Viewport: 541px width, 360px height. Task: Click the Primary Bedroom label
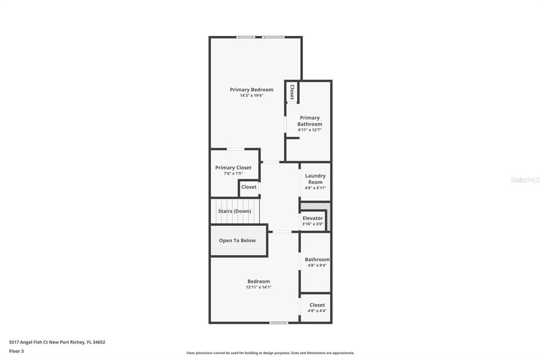(x=251, y=90)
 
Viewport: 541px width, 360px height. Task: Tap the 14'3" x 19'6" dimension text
(x=251, y=96)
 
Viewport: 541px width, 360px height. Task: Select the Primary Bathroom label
(x=310, y=121)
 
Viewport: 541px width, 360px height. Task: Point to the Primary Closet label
(x=233, y=167)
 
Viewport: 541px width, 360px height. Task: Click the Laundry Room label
(x=315, y=178)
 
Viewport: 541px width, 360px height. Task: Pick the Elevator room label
(x=313, y=218)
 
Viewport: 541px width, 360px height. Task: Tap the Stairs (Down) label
(x=235, y=211)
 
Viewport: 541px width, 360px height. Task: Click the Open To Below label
(x=237, y=240)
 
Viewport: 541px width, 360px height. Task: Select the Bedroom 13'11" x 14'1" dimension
(x=259, y=287)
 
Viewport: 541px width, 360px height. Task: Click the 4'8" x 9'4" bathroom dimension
(x=317, y=265)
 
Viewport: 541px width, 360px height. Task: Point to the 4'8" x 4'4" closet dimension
(x=317, y=311)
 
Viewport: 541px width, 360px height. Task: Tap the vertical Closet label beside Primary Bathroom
(x=292, y=92)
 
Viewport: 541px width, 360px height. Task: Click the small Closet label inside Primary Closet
(x=249, y=187)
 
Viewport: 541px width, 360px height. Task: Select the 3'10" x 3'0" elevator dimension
(x=313, y=224)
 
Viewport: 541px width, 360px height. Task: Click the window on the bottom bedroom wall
(x=279, y=323)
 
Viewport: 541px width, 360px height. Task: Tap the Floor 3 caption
(x=16, y=351)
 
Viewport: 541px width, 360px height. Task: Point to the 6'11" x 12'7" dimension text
(x=310, y=130)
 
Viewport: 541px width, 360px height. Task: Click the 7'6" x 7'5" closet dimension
(x=233, y=174)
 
